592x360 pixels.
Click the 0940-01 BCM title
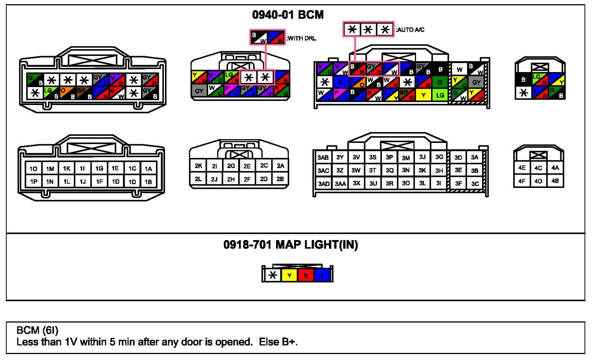[x=288, y=15]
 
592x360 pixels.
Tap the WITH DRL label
[x=301, y=38]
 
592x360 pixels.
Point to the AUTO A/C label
[x=410, y=30]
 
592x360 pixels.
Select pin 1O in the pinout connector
[x=33, y=169]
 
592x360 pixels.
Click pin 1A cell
[x=148, y=169]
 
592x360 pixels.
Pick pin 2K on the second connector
[x=198, y=166]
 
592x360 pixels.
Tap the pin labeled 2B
[x=280, y=179]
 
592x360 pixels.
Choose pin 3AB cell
[x=323, y=157]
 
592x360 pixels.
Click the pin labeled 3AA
[x=340, y=183]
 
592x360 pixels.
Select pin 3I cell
[x=439, y=183]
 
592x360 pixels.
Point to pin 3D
[x=458, y=157]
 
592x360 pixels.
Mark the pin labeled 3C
[x=475, y=183]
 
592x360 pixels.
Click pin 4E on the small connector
[x=522, y=168]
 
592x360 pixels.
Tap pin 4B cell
[x=555, y=181]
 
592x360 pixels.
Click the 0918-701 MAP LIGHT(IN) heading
[x=291, y=245]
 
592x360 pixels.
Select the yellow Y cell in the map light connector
[x=289, y=275]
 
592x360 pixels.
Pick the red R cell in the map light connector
[x=306, y=275]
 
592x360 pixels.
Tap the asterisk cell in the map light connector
[x=273, y=275]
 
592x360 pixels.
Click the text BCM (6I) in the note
[x=37, y=330]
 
